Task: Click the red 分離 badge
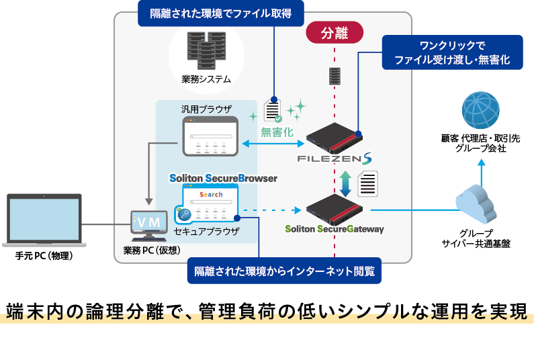(335, 32)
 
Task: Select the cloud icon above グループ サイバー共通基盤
(480, 206)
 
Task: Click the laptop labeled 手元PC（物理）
(44, 221)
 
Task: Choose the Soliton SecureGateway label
(334, 229)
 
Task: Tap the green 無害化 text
(277, 132)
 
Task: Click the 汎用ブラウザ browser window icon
(210, 136)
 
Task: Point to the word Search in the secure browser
(210, 195)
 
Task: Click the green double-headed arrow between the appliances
(345, 183)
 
